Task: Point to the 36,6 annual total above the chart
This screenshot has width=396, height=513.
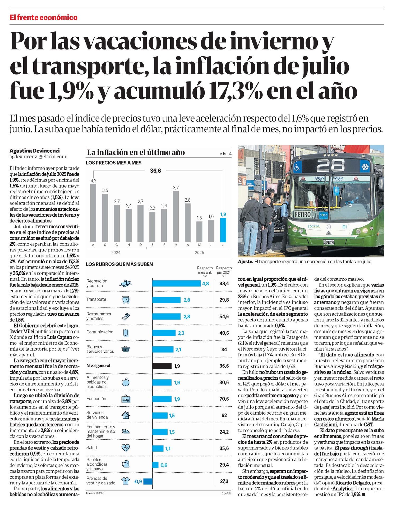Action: click(x=155, y=171)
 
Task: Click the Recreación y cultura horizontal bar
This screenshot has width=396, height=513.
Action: click(x=176, y=283)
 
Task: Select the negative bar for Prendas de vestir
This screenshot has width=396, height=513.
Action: click(x=148, y=481)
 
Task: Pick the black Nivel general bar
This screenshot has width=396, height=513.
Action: click(x=162, y=366)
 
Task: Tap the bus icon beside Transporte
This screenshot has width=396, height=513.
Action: click(x=125, y=300)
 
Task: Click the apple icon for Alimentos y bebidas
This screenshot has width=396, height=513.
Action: click(x=125, y=382)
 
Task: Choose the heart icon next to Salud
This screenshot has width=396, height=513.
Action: click(x=125, y=448)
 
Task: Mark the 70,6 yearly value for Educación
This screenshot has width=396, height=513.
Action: click(x=224, y=399)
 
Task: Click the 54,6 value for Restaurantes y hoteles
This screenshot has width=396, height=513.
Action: click(x=224, y=316)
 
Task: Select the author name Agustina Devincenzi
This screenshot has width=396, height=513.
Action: click(x=35, y=151)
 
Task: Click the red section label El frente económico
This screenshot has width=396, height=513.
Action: click(x=44, y=18)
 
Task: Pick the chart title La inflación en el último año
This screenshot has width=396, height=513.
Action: click(x=136, y=153)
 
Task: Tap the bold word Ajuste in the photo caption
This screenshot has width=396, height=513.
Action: click(x=245, y=261)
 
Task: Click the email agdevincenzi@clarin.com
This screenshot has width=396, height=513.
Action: click(x=38, y=157)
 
